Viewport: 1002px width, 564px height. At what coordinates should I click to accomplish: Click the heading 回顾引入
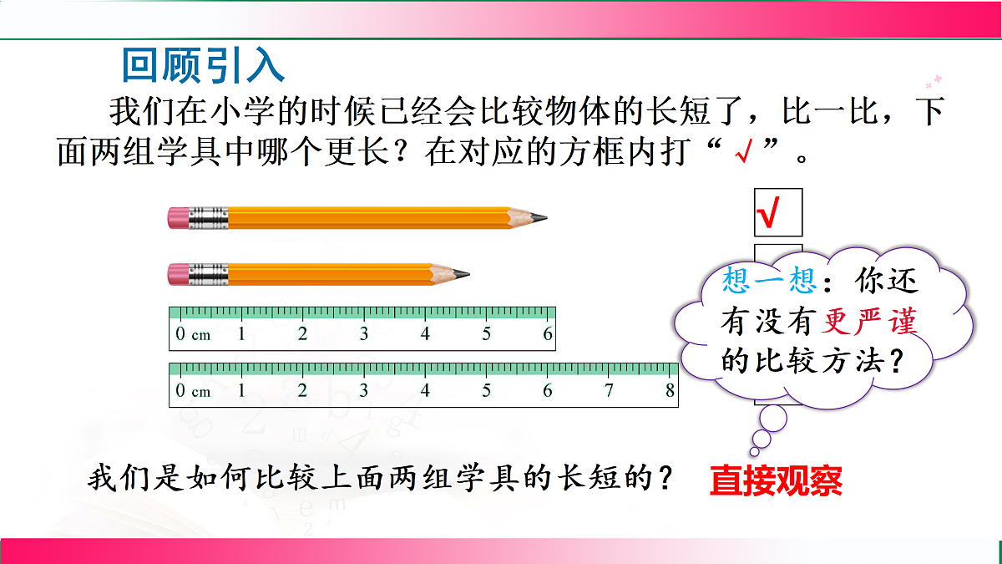point(204,65)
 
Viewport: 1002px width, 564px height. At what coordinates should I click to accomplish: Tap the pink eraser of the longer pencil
point(179,218)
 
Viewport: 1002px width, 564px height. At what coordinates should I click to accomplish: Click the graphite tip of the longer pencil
point(541,218)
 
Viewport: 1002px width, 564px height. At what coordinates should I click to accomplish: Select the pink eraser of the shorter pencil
point(179,273)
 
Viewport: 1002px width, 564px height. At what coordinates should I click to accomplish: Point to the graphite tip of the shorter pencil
point(463,273)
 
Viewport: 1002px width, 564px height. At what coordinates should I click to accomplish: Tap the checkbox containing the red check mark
point(777,212)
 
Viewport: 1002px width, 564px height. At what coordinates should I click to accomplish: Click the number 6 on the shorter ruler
point(548,335)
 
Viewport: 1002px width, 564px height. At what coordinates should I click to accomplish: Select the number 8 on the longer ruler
point(670,390)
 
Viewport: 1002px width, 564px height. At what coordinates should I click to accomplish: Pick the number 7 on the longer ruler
point(609,390)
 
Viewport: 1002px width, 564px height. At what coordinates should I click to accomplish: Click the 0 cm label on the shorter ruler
point(192,335)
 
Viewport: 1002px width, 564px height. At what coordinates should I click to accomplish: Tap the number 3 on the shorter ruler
point(364,335)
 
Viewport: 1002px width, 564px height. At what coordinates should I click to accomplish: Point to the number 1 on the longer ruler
point(241,390)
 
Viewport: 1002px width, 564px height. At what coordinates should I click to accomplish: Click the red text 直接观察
point(776,482)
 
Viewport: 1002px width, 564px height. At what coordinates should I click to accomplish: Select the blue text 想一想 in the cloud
point(769,281)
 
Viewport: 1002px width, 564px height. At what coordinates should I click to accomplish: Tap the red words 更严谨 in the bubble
point(871,321)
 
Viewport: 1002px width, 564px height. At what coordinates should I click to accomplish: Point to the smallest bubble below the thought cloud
point(762,439)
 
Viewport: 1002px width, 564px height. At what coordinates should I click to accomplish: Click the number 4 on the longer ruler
point(425,390)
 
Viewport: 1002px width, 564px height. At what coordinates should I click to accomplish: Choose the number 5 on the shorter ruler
point(487,335)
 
